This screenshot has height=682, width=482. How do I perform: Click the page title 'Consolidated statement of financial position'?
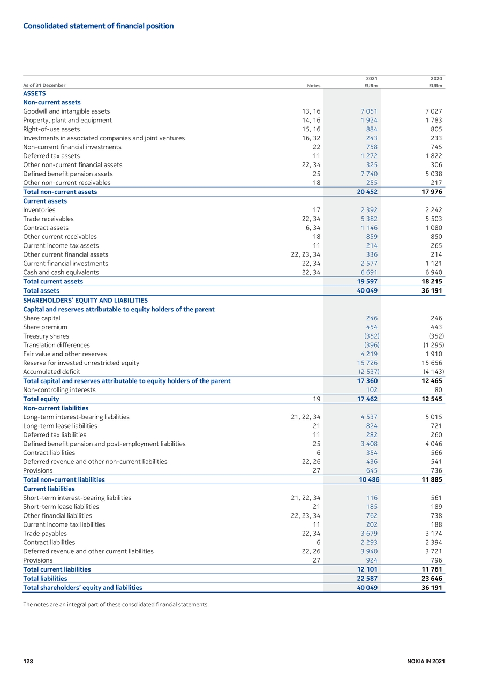[99, 26]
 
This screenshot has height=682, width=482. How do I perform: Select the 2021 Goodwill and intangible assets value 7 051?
[369, 111]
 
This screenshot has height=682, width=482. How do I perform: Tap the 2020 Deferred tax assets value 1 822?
[434, 156]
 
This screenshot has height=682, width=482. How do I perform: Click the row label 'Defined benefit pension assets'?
[68, 174]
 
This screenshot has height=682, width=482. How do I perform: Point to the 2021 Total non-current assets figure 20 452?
[367, 192]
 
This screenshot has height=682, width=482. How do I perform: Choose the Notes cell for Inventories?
[317, 210]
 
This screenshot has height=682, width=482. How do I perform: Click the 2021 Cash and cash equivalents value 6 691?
[369, 272]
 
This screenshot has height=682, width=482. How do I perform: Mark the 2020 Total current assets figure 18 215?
[432, 281]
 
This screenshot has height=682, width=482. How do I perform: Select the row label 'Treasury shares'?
[46, 336]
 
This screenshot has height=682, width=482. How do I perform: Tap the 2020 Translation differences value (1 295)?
[434, 345]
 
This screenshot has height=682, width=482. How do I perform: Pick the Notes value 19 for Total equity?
[317, 399]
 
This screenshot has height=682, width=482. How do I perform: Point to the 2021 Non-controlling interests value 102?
[372, 389]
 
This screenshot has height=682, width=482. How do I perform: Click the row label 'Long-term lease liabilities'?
[60, 426]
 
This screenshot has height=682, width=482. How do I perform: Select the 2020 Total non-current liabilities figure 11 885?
[432, 479]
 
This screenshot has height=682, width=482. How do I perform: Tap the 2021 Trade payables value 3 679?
[369, 534]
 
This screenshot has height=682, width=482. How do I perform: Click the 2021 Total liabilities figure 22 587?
[367, 579]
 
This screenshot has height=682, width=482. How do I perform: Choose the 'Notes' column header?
[314, 86]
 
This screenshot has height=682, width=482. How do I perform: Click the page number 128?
[28, 661]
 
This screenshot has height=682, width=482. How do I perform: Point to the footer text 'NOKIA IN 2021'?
[426, 661]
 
